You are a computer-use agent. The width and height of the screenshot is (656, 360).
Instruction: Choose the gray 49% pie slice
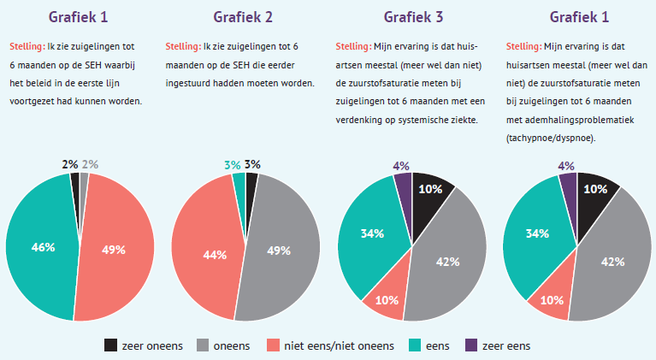278,250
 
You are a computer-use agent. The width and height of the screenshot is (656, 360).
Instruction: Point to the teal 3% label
233,164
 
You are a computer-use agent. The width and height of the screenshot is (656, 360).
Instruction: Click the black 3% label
252,164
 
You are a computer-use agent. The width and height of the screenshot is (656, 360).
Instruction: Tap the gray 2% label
90,164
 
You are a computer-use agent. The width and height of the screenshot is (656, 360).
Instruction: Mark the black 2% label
70,164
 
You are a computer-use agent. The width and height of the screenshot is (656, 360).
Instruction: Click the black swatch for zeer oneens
111,345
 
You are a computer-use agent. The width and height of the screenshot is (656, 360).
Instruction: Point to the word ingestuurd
196,83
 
